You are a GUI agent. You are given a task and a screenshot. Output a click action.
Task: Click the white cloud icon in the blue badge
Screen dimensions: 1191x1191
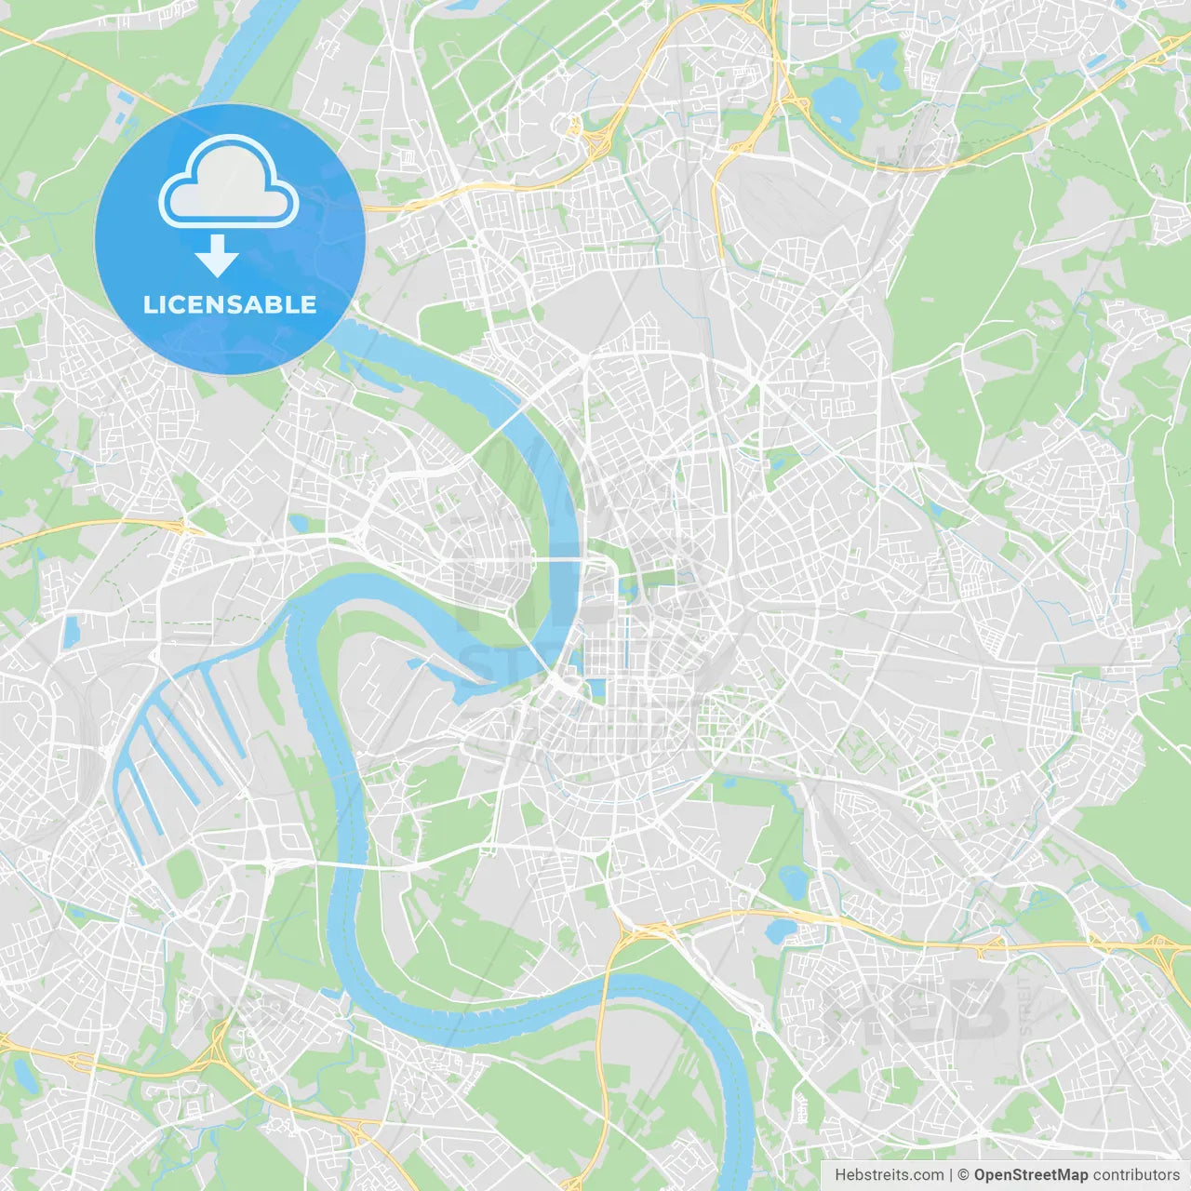coord(228,182)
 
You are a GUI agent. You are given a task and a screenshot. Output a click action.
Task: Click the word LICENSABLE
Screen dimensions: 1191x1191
coord(229,304)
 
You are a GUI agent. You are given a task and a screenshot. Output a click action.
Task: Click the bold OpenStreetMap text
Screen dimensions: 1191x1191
coord(1031,1175)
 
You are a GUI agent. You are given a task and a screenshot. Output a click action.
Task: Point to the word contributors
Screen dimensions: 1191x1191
coord(1135,1175)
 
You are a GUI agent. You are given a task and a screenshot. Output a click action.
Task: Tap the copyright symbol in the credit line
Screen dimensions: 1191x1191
coord(963,1175)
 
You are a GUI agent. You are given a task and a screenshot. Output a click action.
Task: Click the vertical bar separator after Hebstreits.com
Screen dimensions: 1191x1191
coord(951,1175)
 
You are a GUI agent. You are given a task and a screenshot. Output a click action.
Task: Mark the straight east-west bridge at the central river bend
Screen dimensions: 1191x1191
coord(558,559)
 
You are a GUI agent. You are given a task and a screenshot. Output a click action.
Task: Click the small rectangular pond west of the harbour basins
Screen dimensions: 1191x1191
coord(71,633)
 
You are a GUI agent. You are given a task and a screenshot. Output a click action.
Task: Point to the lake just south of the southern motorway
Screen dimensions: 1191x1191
coord(780,931)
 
